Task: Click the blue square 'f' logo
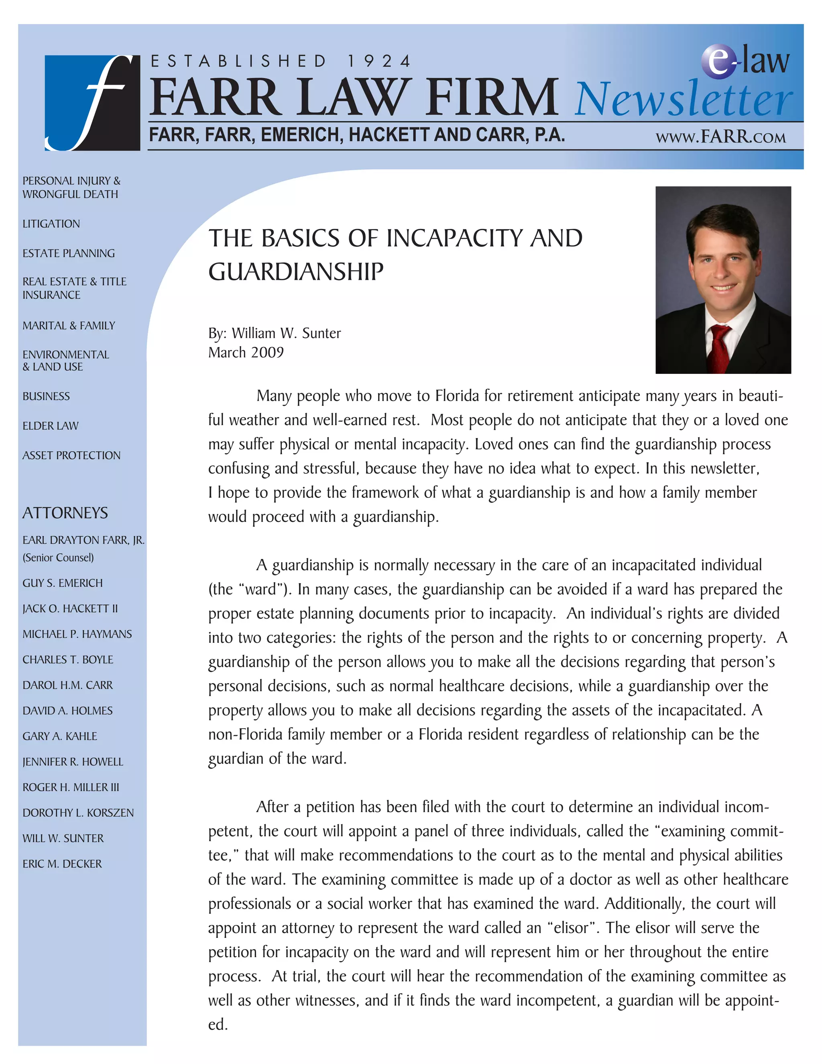click(92, 103)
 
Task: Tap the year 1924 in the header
click(379, 61)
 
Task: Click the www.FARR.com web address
click(720, 137)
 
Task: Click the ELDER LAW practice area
click(50, 426)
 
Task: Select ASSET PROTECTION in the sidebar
click(71, 456)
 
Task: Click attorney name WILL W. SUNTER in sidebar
click(63, 838)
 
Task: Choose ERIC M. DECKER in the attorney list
click(62, 864)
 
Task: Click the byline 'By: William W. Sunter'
click(274, 333)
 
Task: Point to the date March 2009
click(246, 352)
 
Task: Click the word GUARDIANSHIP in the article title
click(295, 272)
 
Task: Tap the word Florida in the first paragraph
click(457, 396)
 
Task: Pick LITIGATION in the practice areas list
click(51, 224)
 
